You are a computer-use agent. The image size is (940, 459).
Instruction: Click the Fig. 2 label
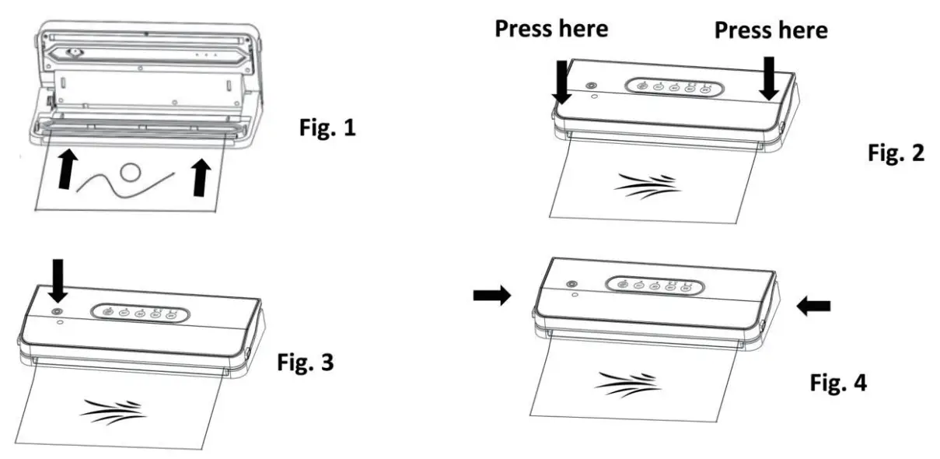click(896, 153)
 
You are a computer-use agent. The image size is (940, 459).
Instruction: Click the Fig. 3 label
click(306, 363)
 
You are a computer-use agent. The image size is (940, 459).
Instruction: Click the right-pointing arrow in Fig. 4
click(492, 295)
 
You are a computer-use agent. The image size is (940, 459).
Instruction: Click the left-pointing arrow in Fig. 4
click(813, 307)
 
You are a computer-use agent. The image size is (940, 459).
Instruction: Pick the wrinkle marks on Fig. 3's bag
click(113, 411)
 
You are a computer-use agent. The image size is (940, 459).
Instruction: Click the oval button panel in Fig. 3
click(138, 313)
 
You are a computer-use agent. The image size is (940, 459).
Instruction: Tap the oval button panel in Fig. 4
click(653, 286)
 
